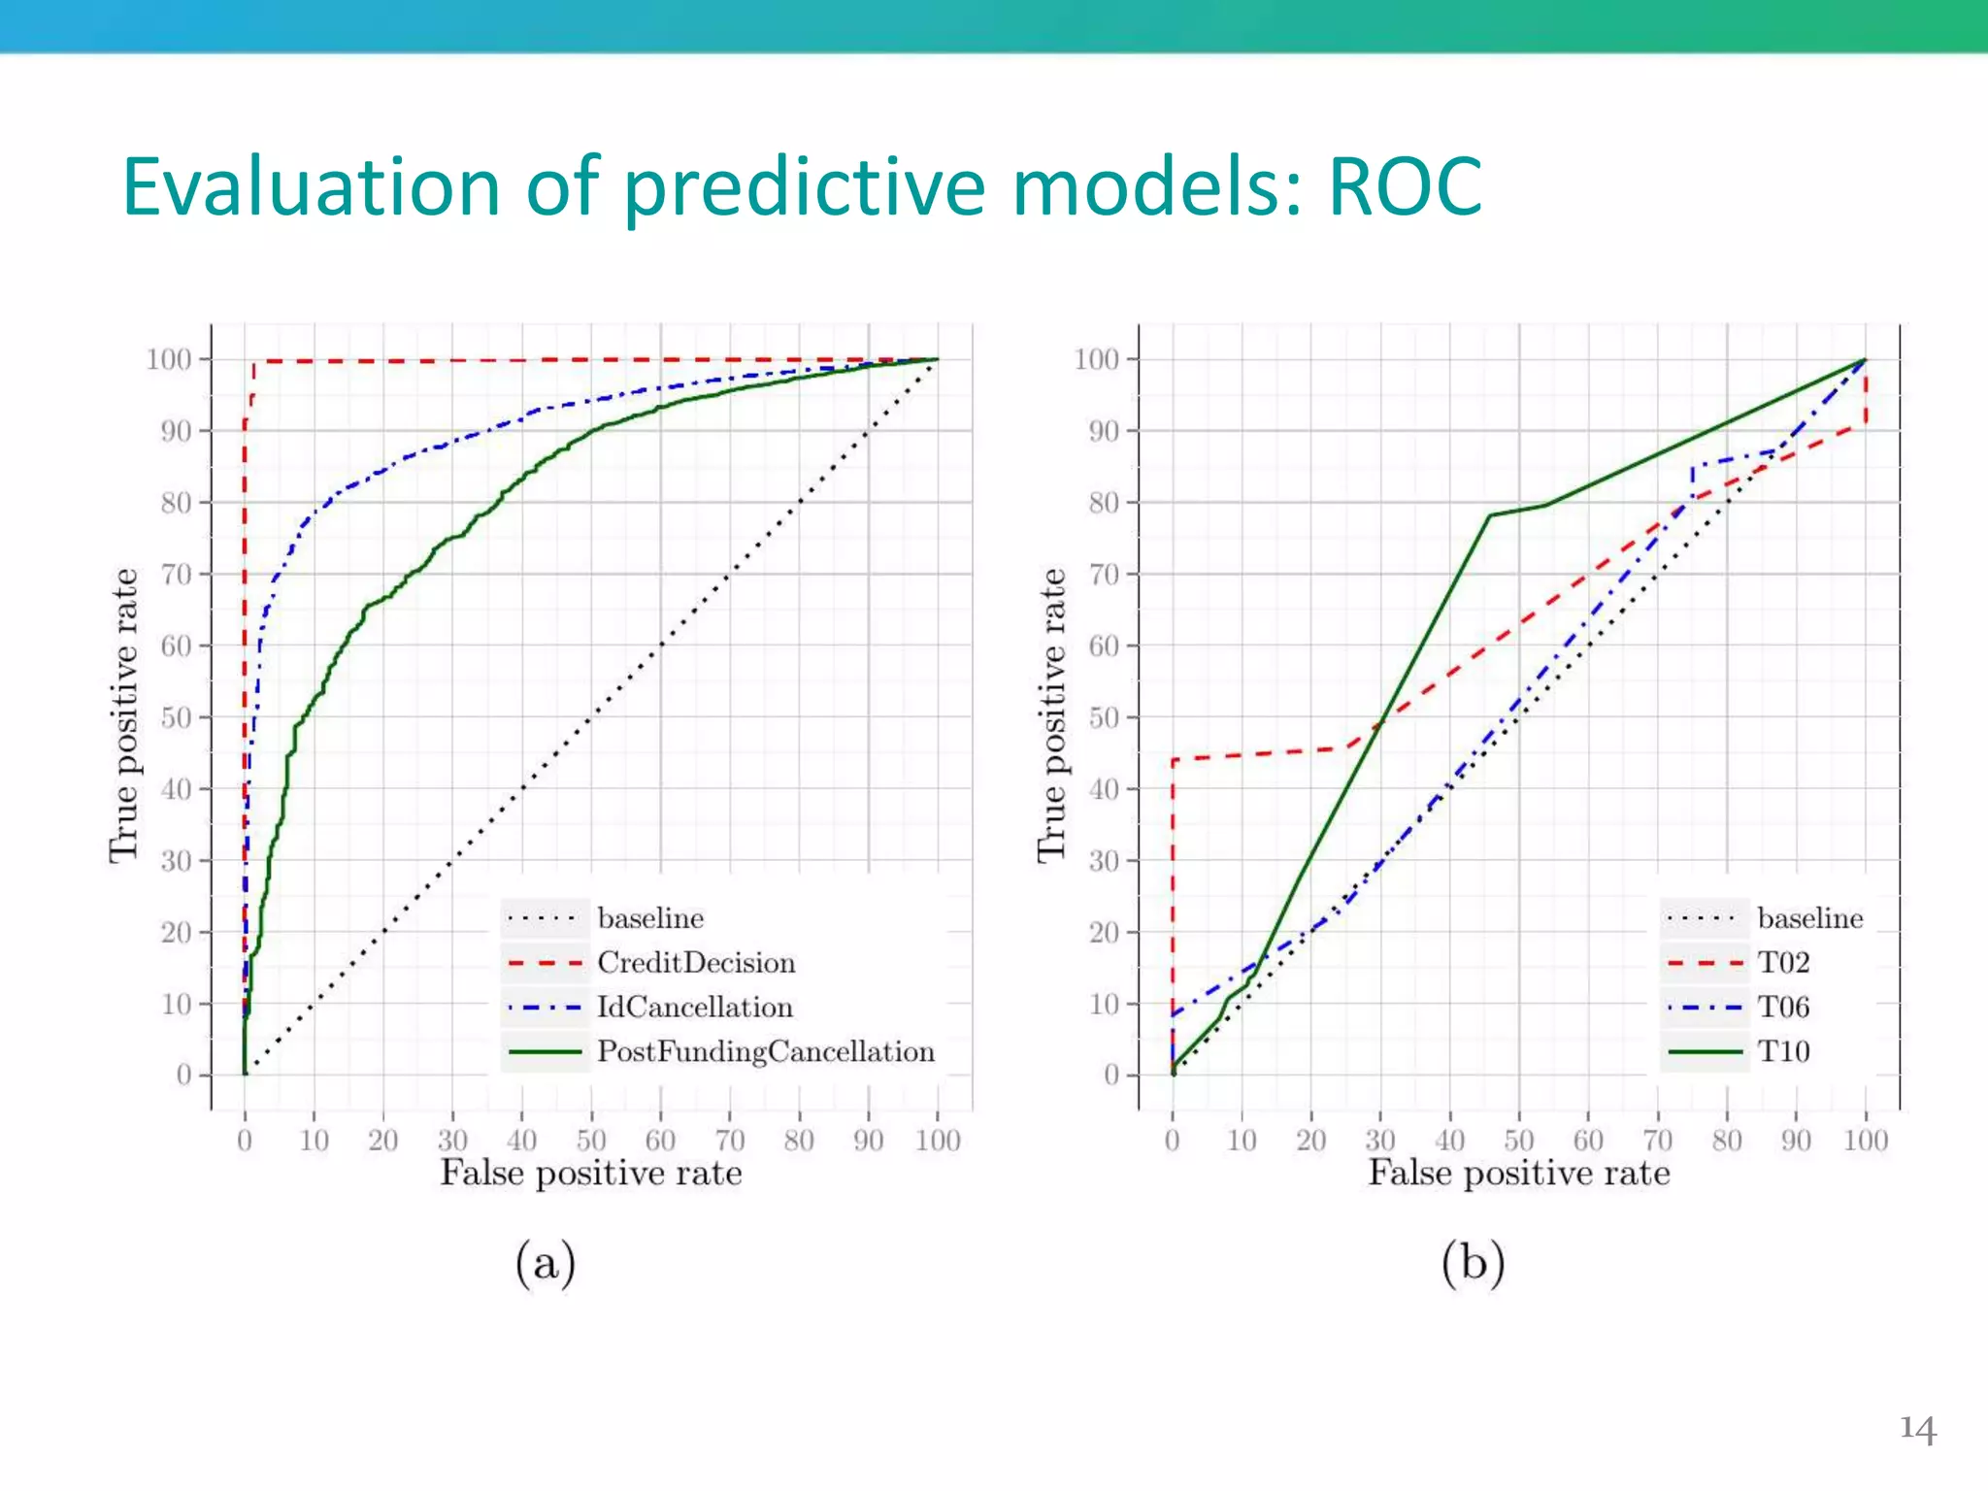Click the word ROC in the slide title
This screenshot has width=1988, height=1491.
click(x=1405, y=186)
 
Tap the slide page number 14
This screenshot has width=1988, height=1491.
click(x=1917, y=1429)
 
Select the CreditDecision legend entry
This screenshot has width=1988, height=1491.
click(x=696, y=963)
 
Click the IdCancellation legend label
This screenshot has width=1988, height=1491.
click(x=695, y=1008)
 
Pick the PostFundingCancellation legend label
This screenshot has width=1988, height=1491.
click(x=766, y=1052)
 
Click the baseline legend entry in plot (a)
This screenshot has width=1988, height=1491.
click(x=650, y=918)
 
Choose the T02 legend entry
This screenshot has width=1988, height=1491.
click(x=1783, y=963)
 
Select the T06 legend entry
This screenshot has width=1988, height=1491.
click(x=1783, y=1008)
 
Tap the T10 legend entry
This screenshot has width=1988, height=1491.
click(x=1783, y=1052)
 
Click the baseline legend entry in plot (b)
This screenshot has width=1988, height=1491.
click(x=1809, y=918)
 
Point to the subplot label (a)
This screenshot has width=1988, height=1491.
click(x=546, y=1264)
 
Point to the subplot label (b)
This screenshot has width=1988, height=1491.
click(x=1473, y=1264)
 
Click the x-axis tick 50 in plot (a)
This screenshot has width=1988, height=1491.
click(x=591, y=1140)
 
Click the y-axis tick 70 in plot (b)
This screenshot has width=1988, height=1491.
click(x=1104, y=575)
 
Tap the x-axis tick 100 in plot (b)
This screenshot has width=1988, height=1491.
click(x=1865, y=1140)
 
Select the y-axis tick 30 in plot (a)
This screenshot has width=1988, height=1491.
click(x=176, y=861)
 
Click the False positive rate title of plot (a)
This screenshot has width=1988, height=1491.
click(x=591, y=1174)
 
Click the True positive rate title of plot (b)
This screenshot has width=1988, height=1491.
click(x=1052, y=715)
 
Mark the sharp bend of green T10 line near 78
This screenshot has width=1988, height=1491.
click(x=1490, y=515)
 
